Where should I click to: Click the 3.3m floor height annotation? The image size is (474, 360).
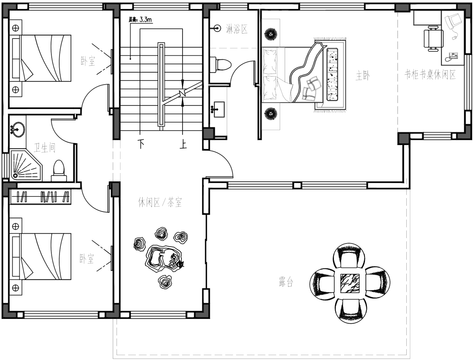tap(141, 20)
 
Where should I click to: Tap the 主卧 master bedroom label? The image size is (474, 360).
tap(363, 76)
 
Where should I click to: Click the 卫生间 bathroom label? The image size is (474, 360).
tap(45, 148)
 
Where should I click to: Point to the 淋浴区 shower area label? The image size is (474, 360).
tap(237, 29)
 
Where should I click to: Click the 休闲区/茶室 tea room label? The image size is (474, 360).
tap(160, 202)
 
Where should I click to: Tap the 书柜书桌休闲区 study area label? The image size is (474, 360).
tap(430, 75)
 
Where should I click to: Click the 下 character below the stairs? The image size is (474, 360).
tap(141, 144)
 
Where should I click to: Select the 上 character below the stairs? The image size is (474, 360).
tap(183, 144)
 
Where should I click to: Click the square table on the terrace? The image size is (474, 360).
tap(350, 283)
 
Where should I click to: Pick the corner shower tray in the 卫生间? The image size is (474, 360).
tap(26, 165)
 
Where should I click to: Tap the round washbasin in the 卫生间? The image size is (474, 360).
tap(17, 129)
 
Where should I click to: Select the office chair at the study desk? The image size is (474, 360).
tap(433, 39)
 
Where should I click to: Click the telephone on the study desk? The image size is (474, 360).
tap(452, 57)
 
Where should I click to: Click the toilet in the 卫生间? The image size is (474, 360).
tap(59, 171)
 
